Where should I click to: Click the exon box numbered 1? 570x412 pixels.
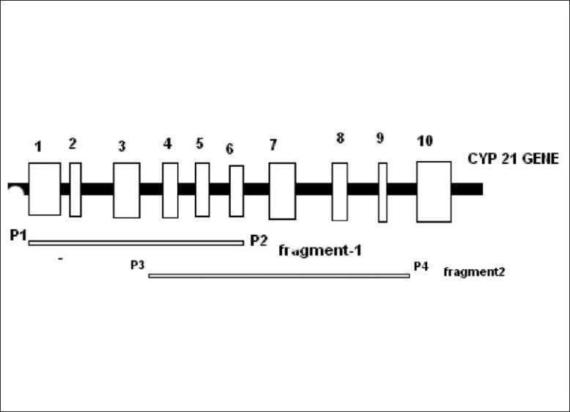click(44, 189)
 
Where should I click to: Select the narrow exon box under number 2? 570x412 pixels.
click(75, 190)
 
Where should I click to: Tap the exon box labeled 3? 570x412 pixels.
click(126, 190)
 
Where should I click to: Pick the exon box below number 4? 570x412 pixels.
click(170, 190)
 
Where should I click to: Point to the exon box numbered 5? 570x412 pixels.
click(202, 190)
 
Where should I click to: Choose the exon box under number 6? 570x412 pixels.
click(236, 190)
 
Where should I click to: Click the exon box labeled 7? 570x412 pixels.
click(282, 190)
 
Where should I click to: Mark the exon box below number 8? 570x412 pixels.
click(339, 191)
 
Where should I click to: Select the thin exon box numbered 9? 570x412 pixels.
click(382, 192)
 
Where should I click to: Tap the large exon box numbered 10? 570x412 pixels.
click(434, 191)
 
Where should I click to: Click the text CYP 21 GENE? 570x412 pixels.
click(513, 158)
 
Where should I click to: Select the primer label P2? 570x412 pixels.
click(259, 239)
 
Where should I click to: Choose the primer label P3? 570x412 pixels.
click(137, 265)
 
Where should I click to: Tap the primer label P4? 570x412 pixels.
click(421, 266)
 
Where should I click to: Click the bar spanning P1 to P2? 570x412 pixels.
click(136, 243)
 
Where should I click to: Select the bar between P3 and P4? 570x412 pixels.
click(278, 276)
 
